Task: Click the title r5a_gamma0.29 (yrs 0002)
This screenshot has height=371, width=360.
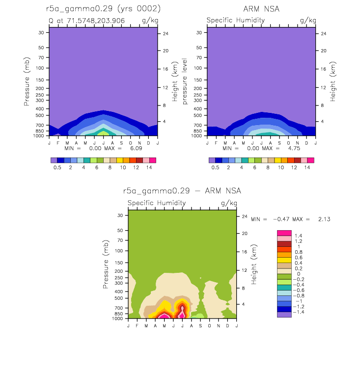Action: coord(103,9)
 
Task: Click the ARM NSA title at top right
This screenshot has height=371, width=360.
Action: coord(261,9)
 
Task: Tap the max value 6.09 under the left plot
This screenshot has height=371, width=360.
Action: coord(136,148)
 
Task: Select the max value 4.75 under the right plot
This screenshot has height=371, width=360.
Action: coord(294,148)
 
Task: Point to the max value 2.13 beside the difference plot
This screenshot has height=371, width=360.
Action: coord(324,219)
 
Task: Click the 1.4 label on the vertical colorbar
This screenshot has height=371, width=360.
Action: coord(299,236)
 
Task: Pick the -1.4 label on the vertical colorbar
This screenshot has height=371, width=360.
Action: coord(299,312)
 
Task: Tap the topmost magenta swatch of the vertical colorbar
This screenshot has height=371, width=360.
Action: coord(284,233)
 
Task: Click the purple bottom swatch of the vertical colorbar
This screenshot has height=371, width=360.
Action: coord(284,315)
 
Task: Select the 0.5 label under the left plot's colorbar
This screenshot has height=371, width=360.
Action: coord(57,167)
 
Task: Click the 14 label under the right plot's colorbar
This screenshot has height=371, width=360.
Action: coord(307,167)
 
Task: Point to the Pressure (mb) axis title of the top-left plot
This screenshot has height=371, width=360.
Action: coord(27,81)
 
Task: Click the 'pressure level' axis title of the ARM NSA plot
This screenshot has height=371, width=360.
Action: coord(185,81)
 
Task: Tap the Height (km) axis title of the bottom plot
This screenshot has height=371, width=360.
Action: coord(253,265)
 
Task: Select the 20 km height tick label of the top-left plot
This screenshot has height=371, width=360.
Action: coord(166,51)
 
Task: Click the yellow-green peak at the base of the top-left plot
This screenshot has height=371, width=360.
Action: coord(104,133)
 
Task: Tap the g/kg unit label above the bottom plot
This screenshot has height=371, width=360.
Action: coord(229,203)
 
